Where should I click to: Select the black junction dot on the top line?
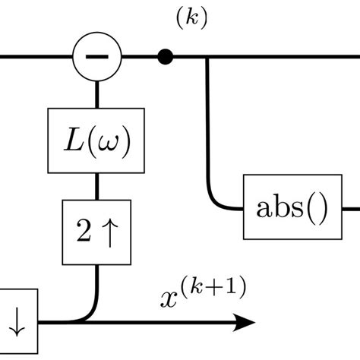[164, 56]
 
